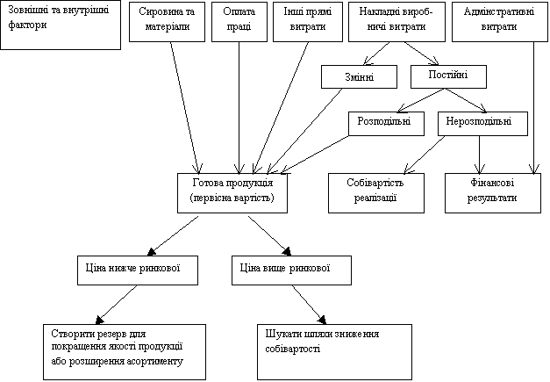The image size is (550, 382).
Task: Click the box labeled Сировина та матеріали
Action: coord(167,22)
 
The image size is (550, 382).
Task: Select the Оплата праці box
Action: coord(239,22)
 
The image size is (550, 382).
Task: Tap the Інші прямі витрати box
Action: coord(308,22)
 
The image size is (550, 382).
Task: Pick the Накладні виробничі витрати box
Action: coord(396,22)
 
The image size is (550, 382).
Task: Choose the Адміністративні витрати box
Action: coord(499,22)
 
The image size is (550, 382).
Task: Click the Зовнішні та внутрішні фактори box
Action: coord(61,25)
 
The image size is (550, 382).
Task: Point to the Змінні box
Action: coord(359,76)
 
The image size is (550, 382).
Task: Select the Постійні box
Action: coord(448,76)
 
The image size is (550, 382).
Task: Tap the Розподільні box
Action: coord(386,124)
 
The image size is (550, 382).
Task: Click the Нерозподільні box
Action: coord(482,124)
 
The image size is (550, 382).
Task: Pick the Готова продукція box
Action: coord(232,193)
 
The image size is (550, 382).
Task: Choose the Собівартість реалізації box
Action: coord(376,193)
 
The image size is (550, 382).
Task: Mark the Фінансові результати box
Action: coord(493,193)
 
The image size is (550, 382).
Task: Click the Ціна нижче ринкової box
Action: coord(138,270)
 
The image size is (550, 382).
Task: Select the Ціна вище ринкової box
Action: coord(291,270)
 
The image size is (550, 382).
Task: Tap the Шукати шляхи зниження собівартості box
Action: coord(334,352)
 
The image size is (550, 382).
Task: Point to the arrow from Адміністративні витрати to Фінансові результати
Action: coord(534,108)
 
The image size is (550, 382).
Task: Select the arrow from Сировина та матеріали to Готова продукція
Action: coord(184,108)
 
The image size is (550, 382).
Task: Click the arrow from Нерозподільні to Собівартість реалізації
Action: coord(425,155)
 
